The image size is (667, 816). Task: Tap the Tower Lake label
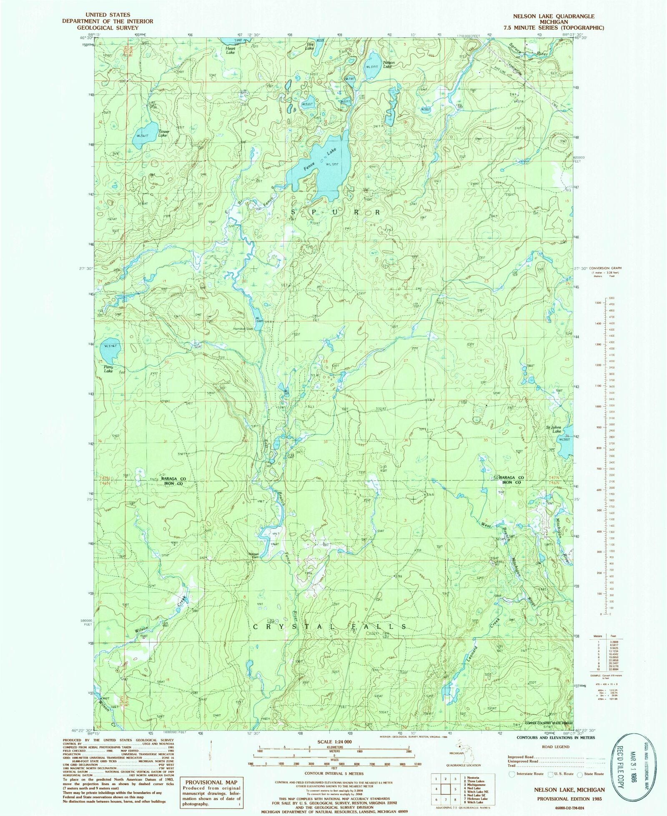(163, 133)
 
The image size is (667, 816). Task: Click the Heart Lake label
(230, 50)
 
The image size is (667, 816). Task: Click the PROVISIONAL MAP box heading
(211, 783)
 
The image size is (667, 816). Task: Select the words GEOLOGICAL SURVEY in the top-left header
(108, 28)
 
